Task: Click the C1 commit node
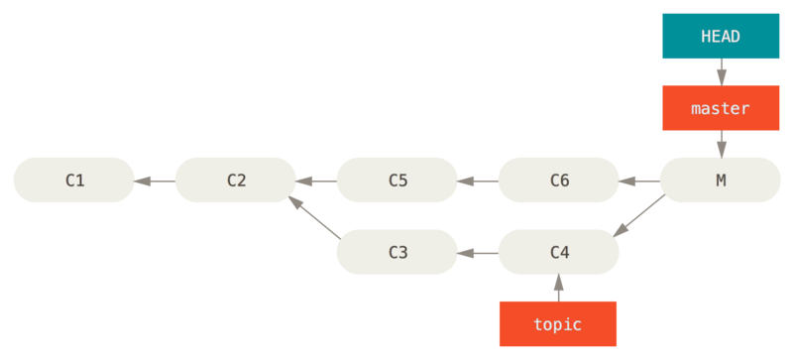(74, 180)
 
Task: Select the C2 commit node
(236, 180)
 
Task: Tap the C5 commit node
(397, 180)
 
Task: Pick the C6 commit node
(559, 180)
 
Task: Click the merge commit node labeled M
(720, 180)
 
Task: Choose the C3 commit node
(397, 252)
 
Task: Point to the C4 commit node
(559, 252)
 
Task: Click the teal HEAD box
(721, 36)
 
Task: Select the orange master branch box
(721, 108)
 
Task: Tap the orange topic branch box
(558, 324)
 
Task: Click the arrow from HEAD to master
(721, 72)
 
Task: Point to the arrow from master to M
(721, 144)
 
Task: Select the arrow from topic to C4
(558, 288)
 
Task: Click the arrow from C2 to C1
(155, 180)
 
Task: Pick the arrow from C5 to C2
(316, 180)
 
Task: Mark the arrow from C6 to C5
(478, 180)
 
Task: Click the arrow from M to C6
(639, 180)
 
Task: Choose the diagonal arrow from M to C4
(639, 217)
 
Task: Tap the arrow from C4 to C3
(478, 253)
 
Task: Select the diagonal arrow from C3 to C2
(316, 217)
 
